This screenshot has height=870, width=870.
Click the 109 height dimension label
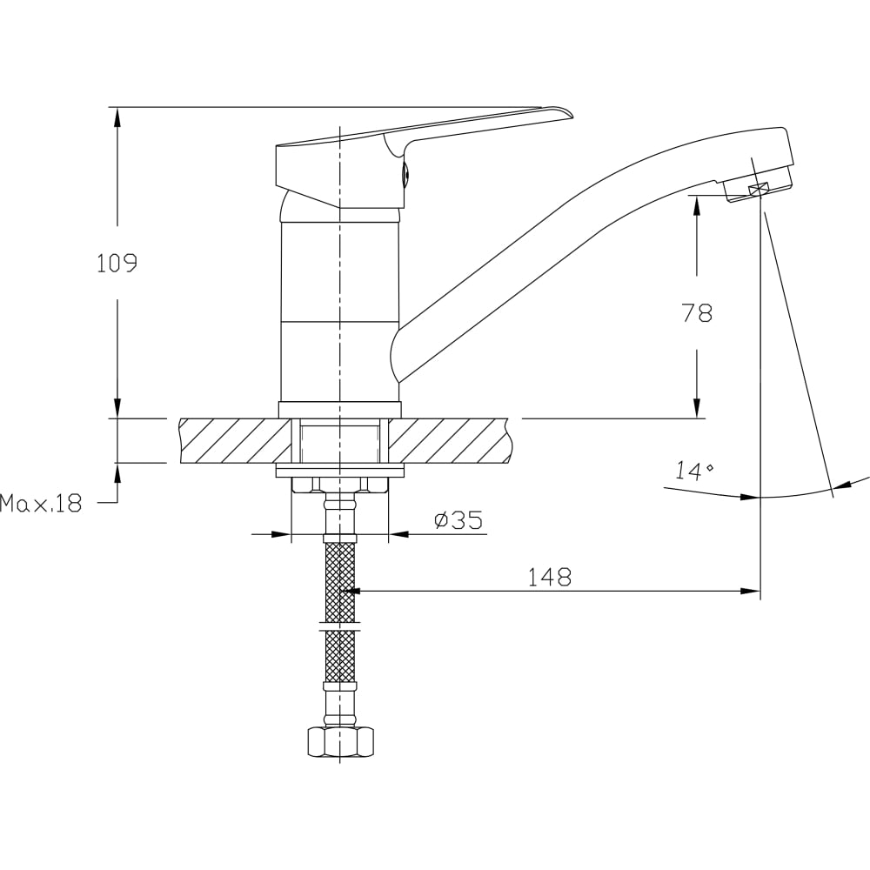tap(117, 263)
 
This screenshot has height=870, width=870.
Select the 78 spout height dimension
tap(697, 313)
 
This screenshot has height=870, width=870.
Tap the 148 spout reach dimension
tap(549, 577)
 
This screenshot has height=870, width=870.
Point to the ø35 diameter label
tap(458, 520)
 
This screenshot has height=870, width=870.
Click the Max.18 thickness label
tap(41, 503)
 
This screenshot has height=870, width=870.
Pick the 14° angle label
tap(694, 471)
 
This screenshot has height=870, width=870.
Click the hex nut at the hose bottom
tap(339, 742)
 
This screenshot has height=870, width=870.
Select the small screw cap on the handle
tap(405, 175)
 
